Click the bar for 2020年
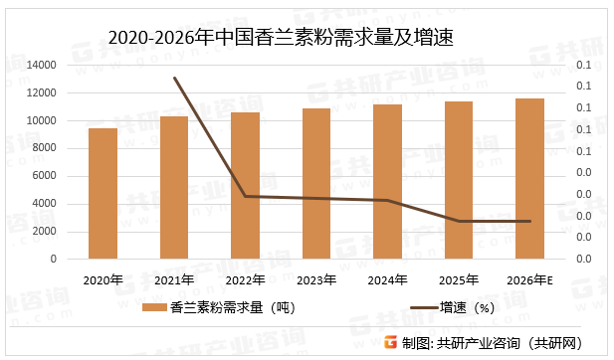pos(102,193)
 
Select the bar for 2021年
pos(174,187)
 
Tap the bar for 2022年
pos(245,185)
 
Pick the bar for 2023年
pos(316,183)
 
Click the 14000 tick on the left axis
pos(41,66)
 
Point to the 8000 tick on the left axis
pos(44,148)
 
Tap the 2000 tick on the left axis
pos(44,231)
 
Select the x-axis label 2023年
pos(316,279)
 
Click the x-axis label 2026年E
pos(530,279)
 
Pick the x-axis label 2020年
pos(102,279)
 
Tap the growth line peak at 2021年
pos(174,78)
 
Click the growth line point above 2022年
pos(245,196)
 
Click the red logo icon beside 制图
pos(390,342)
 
